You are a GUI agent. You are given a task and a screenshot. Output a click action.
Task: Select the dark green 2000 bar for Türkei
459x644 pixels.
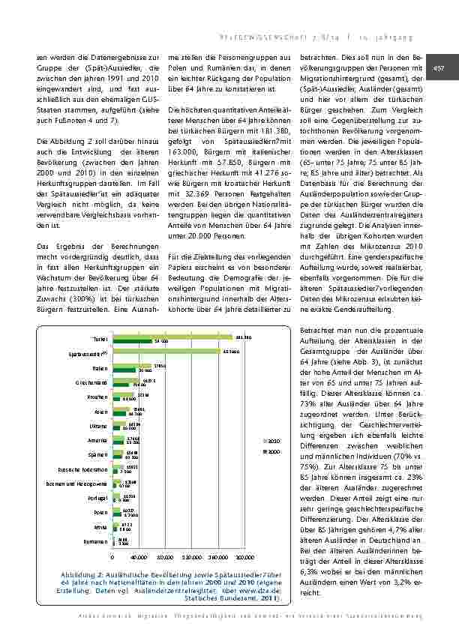(132, 341)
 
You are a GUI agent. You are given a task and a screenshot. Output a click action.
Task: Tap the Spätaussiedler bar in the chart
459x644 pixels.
(166, 351)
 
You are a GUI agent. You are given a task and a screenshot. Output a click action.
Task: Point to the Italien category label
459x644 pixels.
(101, 368)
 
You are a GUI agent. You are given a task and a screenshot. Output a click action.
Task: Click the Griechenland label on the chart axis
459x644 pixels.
(95, 382)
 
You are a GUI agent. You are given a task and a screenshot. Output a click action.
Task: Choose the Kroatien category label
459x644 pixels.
(100, 397)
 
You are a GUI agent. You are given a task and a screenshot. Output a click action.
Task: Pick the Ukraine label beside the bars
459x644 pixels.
(100, 426)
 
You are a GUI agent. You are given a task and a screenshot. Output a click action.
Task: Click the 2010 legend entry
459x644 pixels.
(273, 441)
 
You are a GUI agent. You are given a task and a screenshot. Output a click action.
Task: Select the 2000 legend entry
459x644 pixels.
(273, 452)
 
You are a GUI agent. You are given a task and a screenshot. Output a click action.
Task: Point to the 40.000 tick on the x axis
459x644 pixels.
(139, 558)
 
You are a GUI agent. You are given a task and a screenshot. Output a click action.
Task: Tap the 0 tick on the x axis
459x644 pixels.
(112, 558)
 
